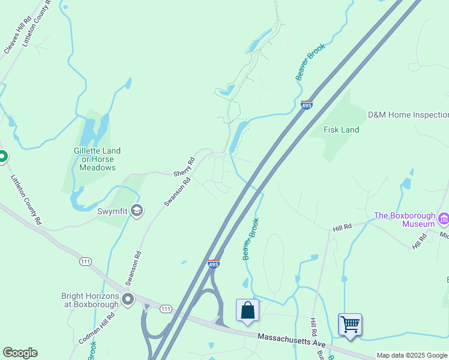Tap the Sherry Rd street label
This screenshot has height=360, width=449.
point(184,167)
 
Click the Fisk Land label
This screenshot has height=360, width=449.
point(341,130)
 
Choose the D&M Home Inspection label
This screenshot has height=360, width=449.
point(408,115)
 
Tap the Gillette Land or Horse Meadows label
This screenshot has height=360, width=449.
point(97,159)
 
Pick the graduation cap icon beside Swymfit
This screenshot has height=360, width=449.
point(137,209)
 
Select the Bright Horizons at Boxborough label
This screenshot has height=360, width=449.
point(89,300)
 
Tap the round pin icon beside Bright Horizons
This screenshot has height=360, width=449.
point(127,299)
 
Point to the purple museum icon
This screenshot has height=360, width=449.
point(443,218)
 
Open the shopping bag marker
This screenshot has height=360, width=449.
point(247,311)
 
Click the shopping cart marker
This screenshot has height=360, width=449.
point(350,325)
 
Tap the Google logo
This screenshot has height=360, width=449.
point(20,353)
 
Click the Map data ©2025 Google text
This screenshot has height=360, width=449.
point(412,355)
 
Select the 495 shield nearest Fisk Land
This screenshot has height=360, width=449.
point(306,105)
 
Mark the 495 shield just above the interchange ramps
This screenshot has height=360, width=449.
point(213,263)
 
